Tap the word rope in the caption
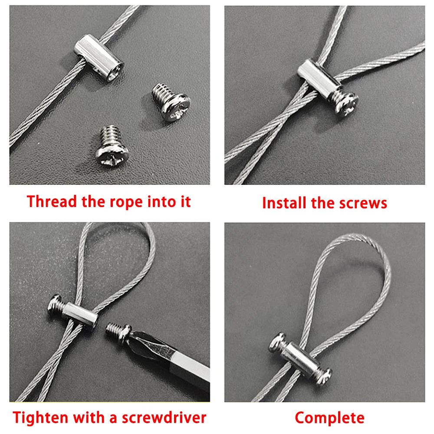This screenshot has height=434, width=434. pos(130,201)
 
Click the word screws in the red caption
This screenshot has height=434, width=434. pos(362,202)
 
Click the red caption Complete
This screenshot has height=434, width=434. pos(329,418)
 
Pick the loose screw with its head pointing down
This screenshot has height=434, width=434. pos(112,146)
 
